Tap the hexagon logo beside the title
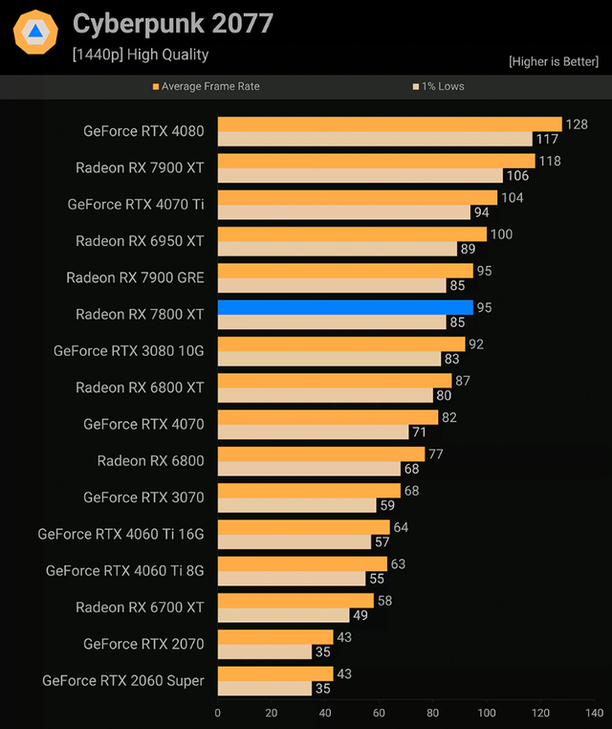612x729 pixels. click(x=35, y=33)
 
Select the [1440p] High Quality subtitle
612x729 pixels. click(x=141, y=55)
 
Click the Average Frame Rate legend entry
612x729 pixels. click(x=206, y=86)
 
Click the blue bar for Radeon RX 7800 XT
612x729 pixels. click(x=345, y=307)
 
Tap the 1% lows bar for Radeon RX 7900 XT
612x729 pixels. click(x=360, y=176)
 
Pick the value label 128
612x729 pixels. click(x=576, y=124)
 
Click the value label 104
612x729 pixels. click(x=512, y=197)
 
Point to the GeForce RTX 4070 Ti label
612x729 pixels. click(x=136, y=204)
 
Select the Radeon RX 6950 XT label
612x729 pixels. click(x=140, y=241)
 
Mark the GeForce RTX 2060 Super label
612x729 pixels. click(x=123, y=680)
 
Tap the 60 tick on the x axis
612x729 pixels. click(x=380, y=713)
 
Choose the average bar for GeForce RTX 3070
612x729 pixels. click(x=309, y=490)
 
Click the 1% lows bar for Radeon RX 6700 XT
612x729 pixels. click(x=283, y=615)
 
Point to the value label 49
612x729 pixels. click(x=360, y=615)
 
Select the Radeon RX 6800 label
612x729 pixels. click(x=150, y=461)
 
